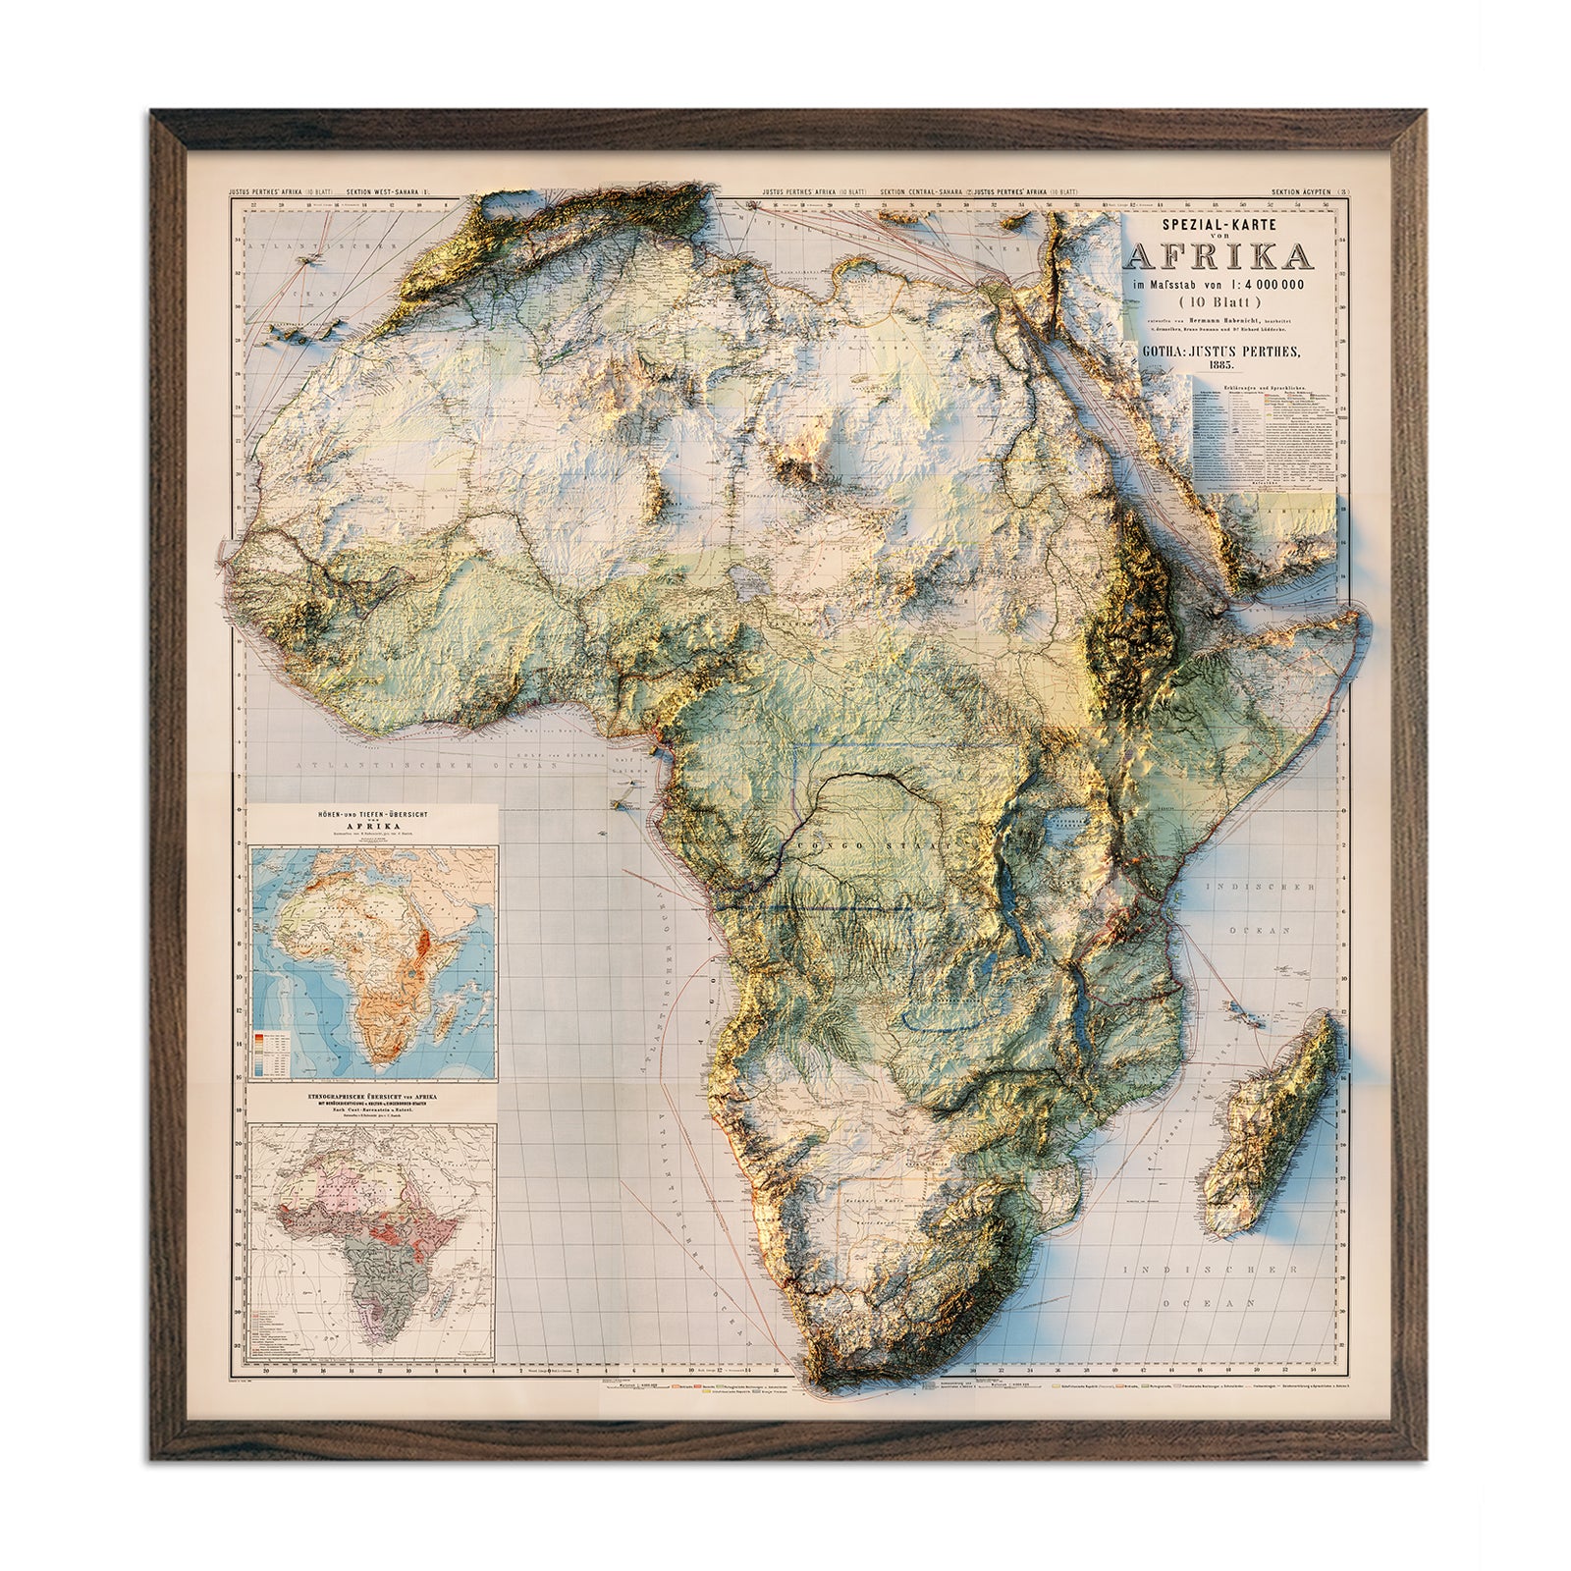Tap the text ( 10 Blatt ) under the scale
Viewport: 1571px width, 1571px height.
pyautogui.click(x=1221, y=303)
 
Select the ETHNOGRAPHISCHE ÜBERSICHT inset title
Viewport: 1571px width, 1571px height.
pyautogui.click(x=372, y=1097)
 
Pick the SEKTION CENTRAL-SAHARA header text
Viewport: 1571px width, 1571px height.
pyautogui.click(x=924, y=192)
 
